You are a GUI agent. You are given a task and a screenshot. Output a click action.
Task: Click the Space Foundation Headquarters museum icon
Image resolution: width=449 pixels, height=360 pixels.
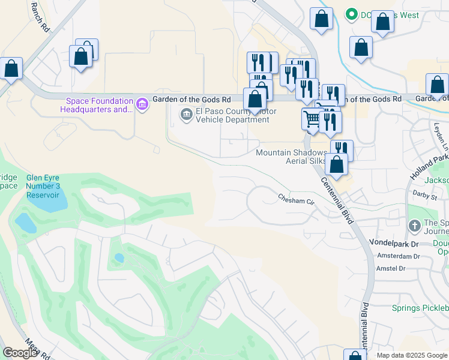(142, 104)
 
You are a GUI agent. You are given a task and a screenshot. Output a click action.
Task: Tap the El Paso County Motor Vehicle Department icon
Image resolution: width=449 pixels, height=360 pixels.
(186, 114)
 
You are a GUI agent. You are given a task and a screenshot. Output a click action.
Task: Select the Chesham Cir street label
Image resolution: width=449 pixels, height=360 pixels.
(296, 198)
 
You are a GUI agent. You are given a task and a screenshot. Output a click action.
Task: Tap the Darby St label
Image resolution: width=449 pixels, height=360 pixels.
(425, 193)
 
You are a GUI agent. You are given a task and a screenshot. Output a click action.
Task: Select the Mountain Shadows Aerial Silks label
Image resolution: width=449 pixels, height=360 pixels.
(292, 156)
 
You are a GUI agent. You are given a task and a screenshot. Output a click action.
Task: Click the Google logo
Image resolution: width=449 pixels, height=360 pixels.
(20, 353)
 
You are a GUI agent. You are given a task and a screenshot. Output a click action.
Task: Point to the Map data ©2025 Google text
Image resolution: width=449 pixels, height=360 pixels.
(412, 355)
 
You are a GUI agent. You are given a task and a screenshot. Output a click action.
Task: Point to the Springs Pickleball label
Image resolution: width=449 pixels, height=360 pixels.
(420, 308)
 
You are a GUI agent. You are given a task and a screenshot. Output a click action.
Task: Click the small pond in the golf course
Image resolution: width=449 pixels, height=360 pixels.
(119, 258)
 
